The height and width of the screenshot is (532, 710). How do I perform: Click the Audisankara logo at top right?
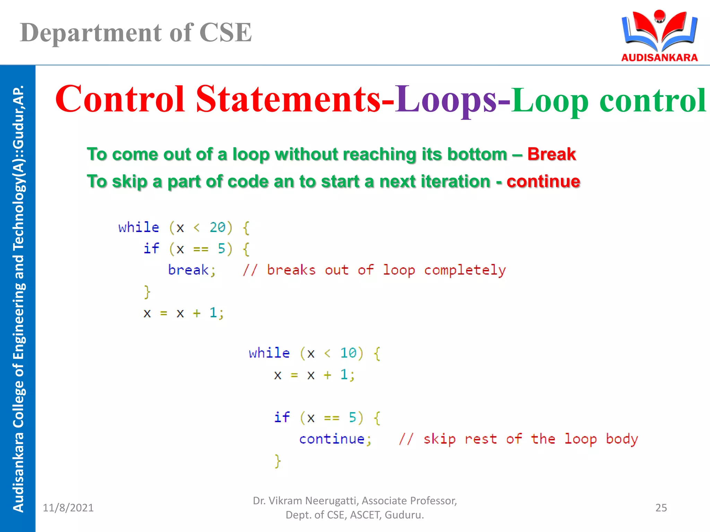click(x=659, y=35)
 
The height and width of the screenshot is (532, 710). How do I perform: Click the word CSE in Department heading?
click(x=225, y=33)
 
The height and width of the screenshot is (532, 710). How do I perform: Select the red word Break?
click(x=551, y=154)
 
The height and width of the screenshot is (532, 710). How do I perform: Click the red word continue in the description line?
click(x=543, y=181)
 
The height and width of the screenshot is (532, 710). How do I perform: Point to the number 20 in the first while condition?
click(x=218, y=228)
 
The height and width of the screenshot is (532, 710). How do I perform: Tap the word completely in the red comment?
click(x=465, y=270)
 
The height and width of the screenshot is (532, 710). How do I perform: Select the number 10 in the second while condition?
click(x=348, y=353)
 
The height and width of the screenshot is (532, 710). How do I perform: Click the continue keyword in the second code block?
click(x=332, y=439)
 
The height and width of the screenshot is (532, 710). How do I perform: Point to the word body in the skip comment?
click(x=622, y=439)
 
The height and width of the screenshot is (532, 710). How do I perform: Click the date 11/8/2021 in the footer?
click(x=68, y=508)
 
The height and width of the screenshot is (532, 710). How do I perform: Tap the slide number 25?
click(x=661, y=508)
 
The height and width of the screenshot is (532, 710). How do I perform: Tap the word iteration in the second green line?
click(x=455, y=181)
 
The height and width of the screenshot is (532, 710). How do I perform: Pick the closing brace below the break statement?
click(x=147, y=292)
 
